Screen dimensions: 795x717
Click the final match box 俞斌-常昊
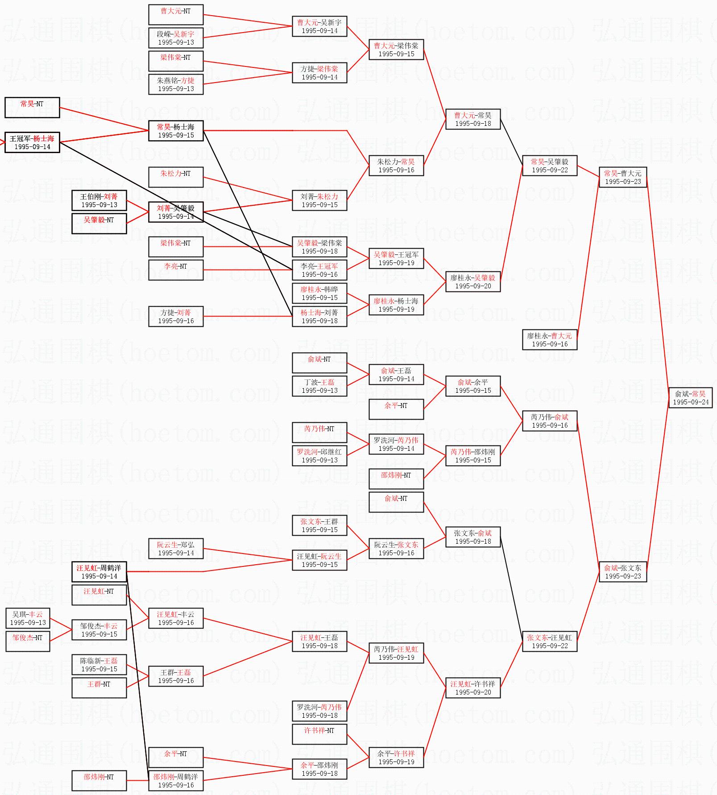click(690, 398)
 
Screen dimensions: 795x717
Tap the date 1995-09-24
click(690, 402)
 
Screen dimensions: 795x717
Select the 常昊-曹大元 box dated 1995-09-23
click(622, 177)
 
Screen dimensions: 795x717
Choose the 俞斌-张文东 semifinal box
click(622, 572)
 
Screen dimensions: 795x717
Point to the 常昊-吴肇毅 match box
click(549, 166)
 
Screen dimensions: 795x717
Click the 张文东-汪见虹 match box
click(549, 641)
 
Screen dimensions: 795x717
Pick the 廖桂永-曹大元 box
click(549, 340)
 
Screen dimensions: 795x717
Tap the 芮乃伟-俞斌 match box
click(549, 421)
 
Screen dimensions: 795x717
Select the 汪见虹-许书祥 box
click(472, 688)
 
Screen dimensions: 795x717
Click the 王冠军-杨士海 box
click(32, 142)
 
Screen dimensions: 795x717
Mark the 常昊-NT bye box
click(32, 108)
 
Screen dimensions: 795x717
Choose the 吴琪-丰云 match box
click(28, 618)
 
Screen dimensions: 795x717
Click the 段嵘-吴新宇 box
click(176, 38)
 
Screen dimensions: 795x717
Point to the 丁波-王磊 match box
click(319, 386)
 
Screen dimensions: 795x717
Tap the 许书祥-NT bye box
click(319, 734)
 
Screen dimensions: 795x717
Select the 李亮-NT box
click(176, 270)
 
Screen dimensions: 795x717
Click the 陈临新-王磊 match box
click(99, 665)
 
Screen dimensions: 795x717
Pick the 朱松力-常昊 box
click(396, 166)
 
